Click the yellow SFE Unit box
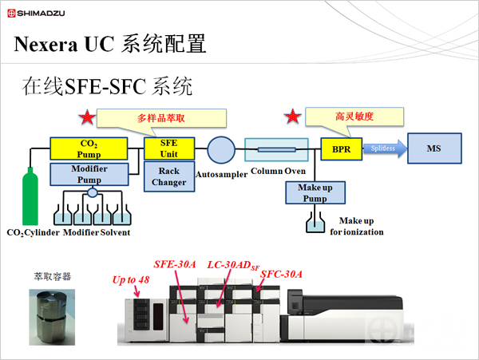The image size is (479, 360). click(x=168, y=148)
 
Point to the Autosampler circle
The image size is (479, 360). click(x=220, y=148)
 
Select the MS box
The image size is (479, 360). click(x=433, y=148)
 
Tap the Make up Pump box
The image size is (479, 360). click(x=315, y=192)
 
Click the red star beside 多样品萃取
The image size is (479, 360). click(x=85, y=119)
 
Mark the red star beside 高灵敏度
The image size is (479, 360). click(x=293, y=117)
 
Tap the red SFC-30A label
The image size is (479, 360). click(x=282, y=274)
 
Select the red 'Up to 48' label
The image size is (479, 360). click(x=131, y=280)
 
